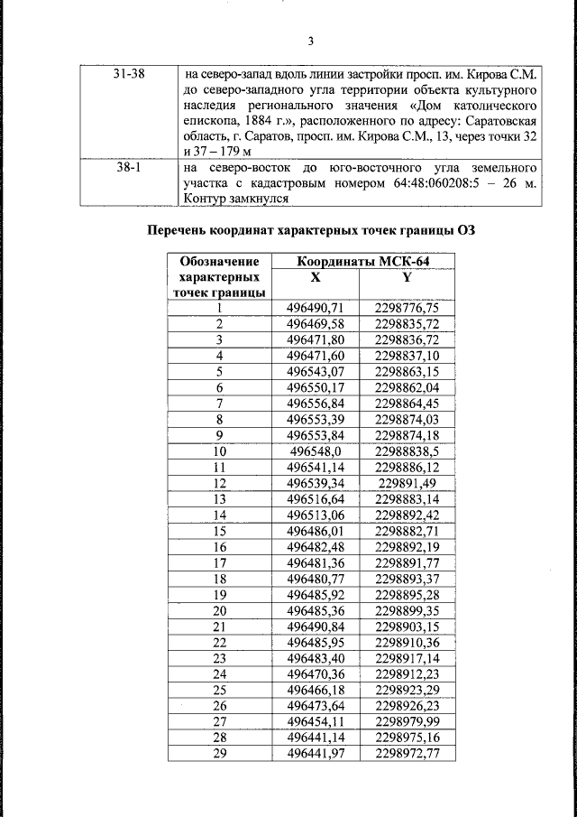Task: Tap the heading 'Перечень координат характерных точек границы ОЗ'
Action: tap(310, 230)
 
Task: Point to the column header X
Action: tap(315, 277)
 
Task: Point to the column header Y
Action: tap(407, 277)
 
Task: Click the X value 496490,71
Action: tap(316, 308)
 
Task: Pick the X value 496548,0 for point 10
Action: tap(316, 450)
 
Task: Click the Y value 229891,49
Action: tap(407, 482)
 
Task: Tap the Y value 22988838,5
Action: tap(407, 450)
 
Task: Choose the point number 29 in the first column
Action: tap(219, 753)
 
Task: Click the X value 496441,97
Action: tap(316, 753)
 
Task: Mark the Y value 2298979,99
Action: tap(407, 721)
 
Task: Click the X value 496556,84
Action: tap(316, 403)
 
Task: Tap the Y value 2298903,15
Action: tap(407, 626)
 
